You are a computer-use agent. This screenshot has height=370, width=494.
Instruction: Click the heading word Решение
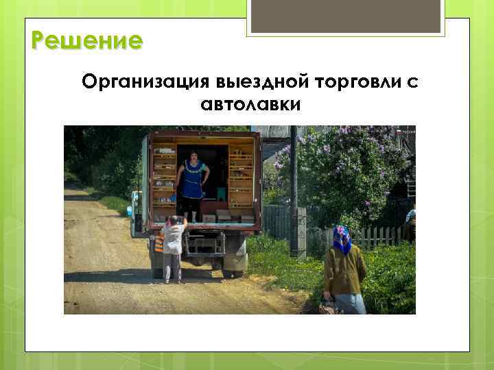pyautogui.click(x=87, y=41)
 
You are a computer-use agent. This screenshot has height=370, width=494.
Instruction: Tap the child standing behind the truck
pyautogui.click(x=174, y=247)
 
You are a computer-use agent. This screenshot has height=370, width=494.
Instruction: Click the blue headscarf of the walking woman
pyautogui.click(x=341, y=238)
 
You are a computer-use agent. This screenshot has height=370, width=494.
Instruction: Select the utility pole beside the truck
pyautogui.click(x=295, y=192)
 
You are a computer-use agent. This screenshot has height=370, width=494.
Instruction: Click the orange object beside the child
pyautogui.click(x=159, y=241)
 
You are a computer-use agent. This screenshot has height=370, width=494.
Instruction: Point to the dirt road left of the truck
pyautogui.click(x=103, y=267)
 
